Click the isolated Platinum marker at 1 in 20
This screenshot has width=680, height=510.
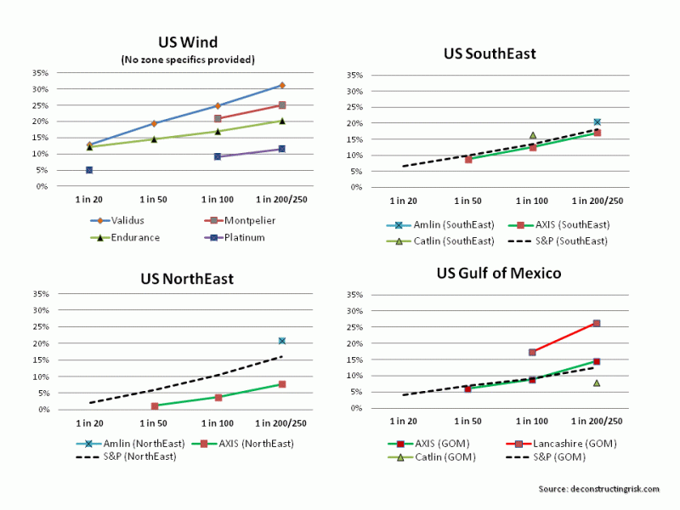89,170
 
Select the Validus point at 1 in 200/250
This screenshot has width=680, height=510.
282,85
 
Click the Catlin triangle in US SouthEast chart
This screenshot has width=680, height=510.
533,135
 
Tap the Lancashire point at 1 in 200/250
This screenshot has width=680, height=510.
597,323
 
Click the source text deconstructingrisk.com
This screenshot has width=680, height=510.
600,489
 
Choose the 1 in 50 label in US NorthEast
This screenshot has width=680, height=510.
154,422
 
